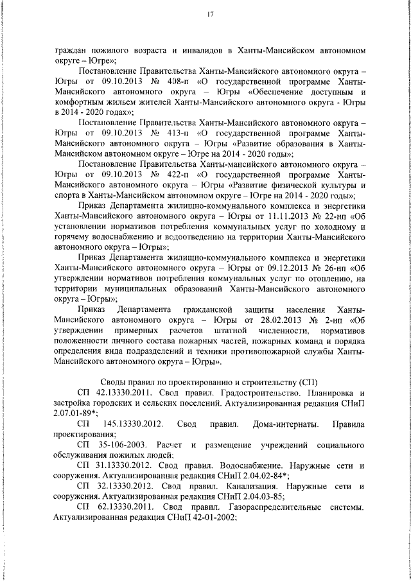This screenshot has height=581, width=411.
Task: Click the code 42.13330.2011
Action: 130,393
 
